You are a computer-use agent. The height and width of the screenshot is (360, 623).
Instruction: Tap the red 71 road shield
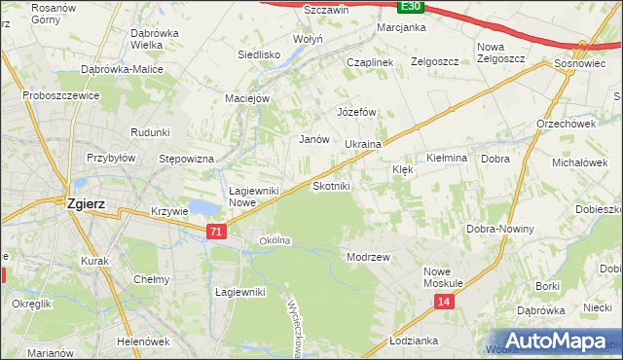217,231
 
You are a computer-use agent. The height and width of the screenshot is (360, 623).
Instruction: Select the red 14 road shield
444,303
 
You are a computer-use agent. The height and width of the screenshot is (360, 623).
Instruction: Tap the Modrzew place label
369,257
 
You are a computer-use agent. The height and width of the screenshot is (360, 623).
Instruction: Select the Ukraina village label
362,144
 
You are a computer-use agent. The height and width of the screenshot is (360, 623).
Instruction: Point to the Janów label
313,139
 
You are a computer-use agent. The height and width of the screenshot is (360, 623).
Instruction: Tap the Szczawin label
299,9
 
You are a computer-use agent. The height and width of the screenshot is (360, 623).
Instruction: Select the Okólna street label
275,240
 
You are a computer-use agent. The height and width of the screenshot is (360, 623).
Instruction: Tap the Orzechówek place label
566,124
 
